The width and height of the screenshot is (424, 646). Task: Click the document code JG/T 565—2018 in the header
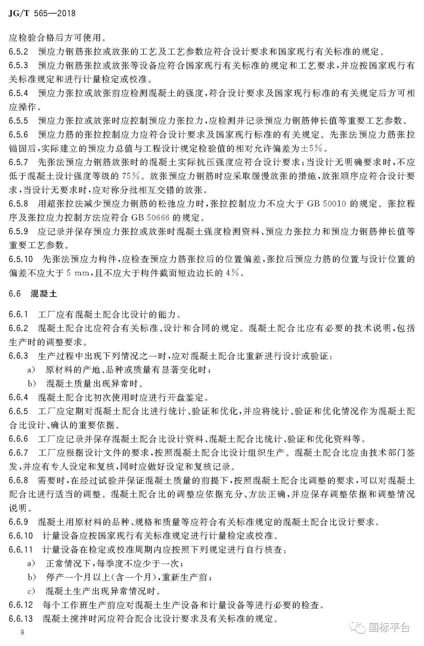point(42,13)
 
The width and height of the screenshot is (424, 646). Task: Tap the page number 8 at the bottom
point(23,632)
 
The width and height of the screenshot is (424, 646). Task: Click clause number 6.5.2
point(19,52)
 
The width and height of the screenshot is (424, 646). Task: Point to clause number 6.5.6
point(19,135)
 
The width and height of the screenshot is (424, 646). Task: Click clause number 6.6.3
point(19,356)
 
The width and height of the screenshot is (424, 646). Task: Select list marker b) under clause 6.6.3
point(31,384)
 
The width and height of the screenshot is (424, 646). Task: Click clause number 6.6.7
point(19,452)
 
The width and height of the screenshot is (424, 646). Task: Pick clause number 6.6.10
point(21,535)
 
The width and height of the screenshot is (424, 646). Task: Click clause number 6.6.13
point(21,618)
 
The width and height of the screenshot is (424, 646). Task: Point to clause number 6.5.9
point(19,231)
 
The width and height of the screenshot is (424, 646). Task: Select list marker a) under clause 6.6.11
point(31,563)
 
